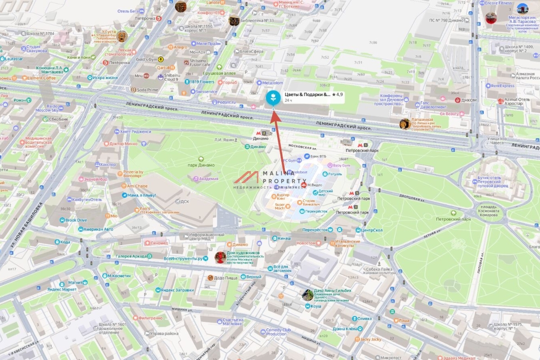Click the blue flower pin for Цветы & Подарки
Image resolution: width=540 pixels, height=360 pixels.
(x=273, y=98)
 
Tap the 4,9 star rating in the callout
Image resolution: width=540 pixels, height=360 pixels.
(x=337, y=94)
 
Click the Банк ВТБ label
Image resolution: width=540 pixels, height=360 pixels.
(x=315, y=156)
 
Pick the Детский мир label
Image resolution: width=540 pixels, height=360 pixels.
(x=325, y=193)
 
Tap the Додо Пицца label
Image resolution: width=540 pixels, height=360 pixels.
(x=225, y=278)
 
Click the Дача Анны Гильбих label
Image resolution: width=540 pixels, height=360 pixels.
(x=333, y=291)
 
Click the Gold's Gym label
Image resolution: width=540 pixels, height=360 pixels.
(x=146, y=59)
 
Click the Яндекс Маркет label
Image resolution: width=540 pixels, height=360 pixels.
(x=62, y=289)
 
